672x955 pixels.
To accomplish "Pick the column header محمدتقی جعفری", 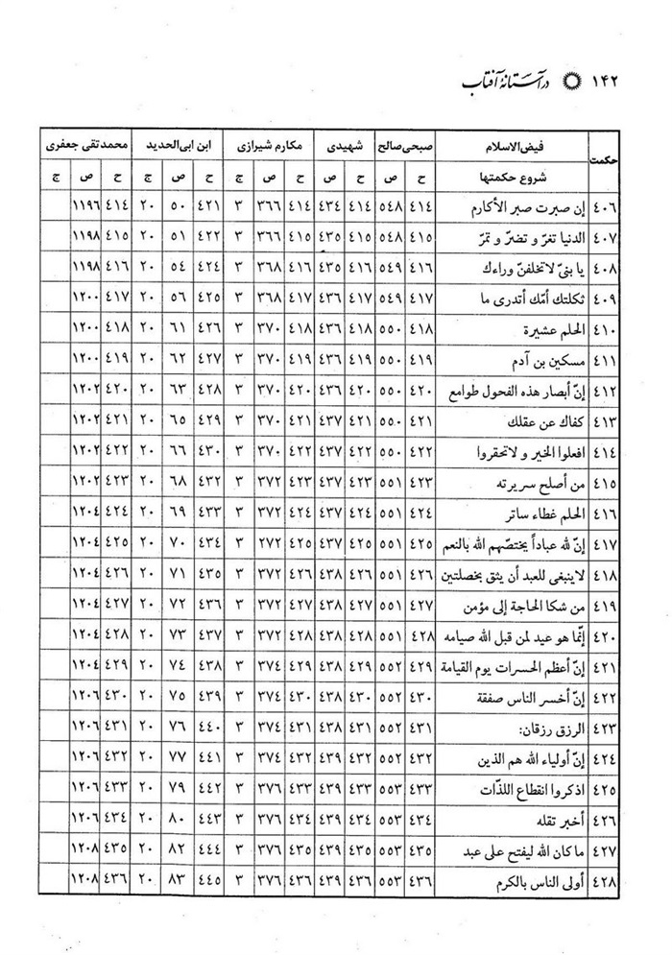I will pos(81,148).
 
